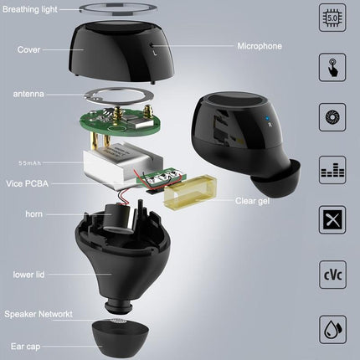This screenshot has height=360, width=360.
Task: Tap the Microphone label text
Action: tap(260, 46)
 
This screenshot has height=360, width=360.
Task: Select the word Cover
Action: tap(28, 49)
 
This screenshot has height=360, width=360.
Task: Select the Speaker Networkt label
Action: tap(37, 314)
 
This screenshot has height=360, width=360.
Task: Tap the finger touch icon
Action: tap(332, 67)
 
